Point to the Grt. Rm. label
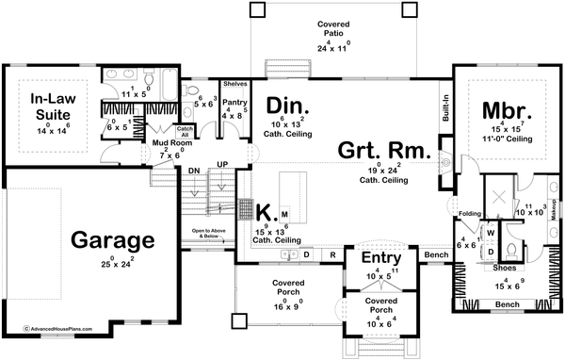[385, 150]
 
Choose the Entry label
[380, 257]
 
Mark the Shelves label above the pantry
[234, 83]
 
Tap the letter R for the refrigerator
[332, 254]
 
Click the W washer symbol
[491, 232]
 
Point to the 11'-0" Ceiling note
[508, 139]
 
